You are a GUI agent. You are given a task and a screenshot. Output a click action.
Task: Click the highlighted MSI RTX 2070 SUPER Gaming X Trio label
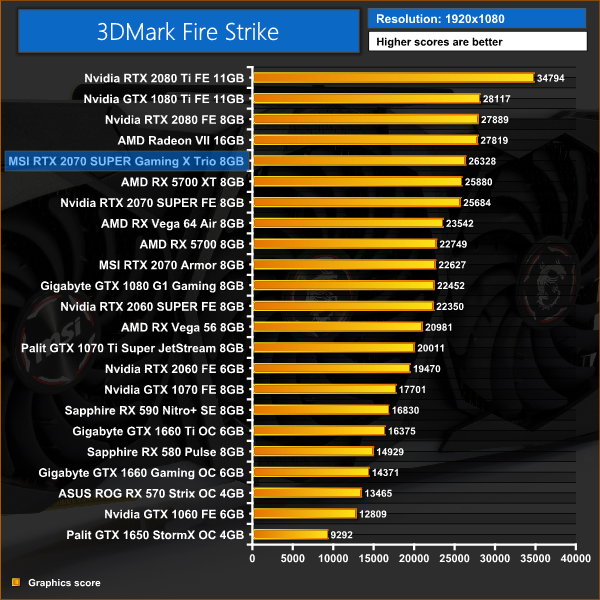coord(125,161)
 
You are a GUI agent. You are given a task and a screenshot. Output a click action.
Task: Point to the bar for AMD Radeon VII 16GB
coord(366,140)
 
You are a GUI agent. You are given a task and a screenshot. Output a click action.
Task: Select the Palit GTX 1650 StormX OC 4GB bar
coord(291,535)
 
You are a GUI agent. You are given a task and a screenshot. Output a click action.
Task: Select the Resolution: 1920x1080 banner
coord(476,19)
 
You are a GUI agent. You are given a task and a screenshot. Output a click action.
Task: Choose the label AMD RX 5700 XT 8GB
coord(182,182)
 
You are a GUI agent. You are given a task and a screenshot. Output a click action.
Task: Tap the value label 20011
coord(433,348)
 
